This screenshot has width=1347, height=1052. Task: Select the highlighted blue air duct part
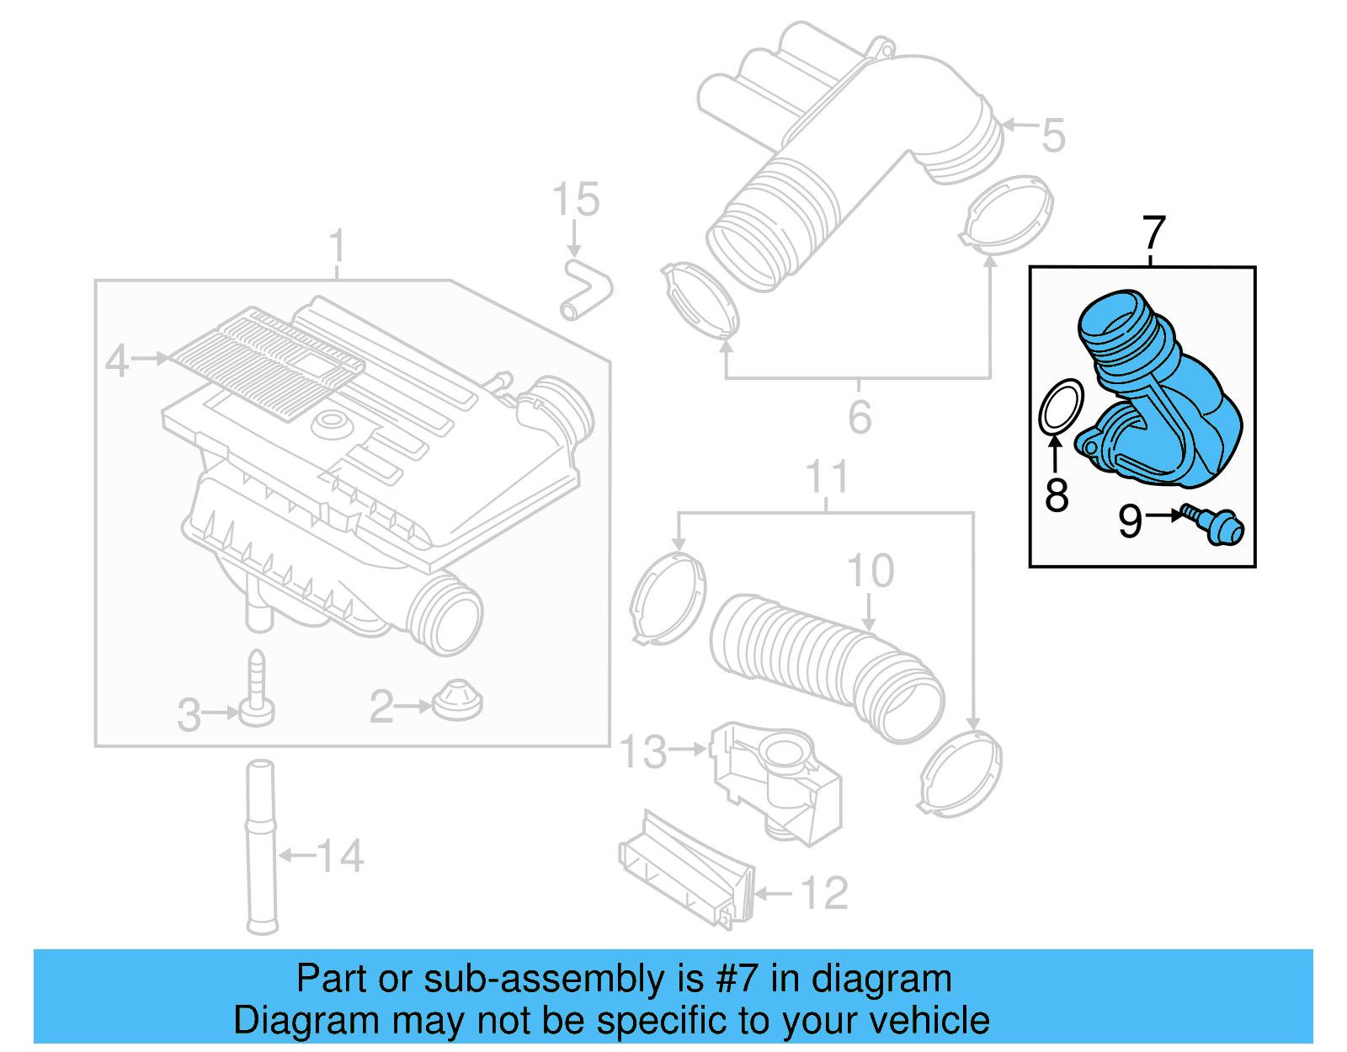(1162, 396)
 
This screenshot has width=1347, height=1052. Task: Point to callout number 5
(1053, 135)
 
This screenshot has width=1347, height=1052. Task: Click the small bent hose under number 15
(584, 290)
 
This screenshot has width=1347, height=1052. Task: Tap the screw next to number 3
(257, 691)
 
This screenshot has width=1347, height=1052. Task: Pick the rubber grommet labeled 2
(458, 700)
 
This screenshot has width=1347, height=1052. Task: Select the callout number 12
(824, 893)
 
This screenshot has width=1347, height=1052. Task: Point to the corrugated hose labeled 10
(825, 665)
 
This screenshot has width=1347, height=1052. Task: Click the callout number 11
(826, 477)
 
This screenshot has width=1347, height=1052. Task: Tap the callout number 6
(859, 418)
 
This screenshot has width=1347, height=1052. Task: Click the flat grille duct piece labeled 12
(686, 872)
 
